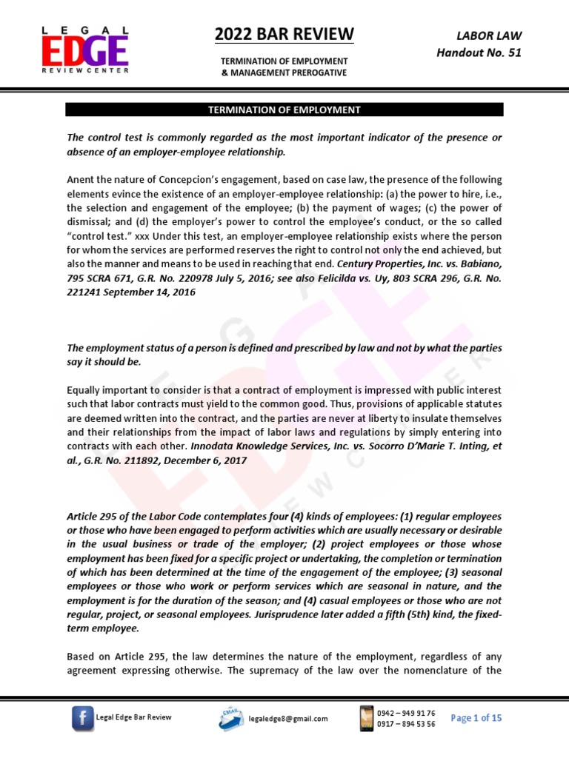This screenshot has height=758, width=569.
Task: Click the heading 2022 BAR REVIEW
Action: click(x=284, y=34)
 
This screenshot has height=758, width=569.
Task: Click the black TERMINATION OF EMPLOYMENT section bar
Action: click(x=284, y=110)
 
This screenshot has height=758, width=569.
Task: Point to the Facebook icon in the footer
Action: click(x=82, y=718)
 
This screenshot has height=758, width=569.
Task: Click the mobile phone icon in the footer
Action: click(x=365, y=717)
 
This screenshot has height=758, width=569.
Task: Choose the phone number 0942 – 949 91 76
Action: click(x=406, y=713)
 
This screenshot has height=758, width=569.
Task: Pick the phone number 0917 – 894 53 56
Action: click(x=406, y=724)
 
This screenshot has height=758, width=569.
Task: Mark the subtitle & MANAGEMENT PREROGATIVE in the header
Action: click(x=284, y=72)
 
